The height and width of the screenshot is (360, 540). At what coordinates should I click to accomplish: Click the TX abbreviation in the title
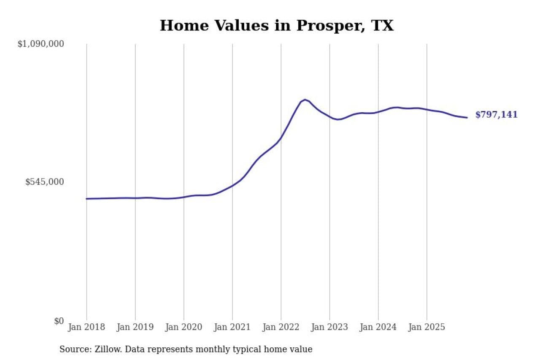tap(382, 26)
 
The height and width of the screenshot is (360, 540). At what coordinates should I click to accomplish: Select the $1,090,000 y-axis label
tap(40, 44)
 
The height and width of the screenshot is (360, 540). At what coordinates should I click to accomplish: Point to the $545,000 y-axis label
tap(45, 182)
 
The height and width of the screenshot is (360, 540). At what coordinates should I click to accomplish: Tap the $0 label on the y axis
tap(59, 321)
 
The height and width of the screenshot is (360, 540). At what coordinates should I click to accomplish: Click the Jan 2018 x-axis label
tap(86, 328)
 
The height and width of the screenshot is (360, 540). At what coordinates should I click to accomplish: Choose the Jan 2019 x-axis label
tap(135, 328)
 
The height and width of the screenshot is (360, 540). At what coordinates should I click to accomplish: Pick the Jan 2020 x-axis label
tap(184, 328)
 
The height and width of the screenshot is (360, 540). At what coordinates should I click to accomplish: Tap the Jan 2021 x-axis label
tap(232, 328)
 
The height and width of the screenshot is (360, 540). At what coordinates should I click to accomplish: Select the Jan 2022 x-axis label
tap(281, 328)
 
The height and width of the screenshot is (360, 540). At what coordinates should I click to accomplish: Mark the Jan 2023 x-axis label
tap(329, 328)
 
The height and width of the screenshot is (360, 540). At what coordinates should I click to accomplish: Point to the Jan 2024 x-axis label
tap(378, 328)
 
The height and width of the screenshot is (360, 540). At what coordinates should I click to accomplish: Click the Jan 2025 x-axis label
tap(427, 328)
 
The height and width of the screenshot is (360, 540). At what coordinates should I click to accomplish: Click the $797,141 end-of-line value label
tap(496, 115)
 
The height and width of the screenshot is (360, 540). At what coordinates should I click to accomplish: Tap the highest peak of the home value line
tap(305, 100)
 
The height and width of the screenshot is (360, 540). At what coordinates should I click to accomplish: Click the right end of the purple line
tap(467, 117)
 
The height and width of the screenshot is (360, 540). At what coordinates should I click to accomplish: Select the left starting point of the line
tap(86, 199)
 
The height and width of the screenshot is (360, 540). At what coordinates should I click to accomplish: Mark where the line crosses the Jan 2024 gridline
tap(378, 112)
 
